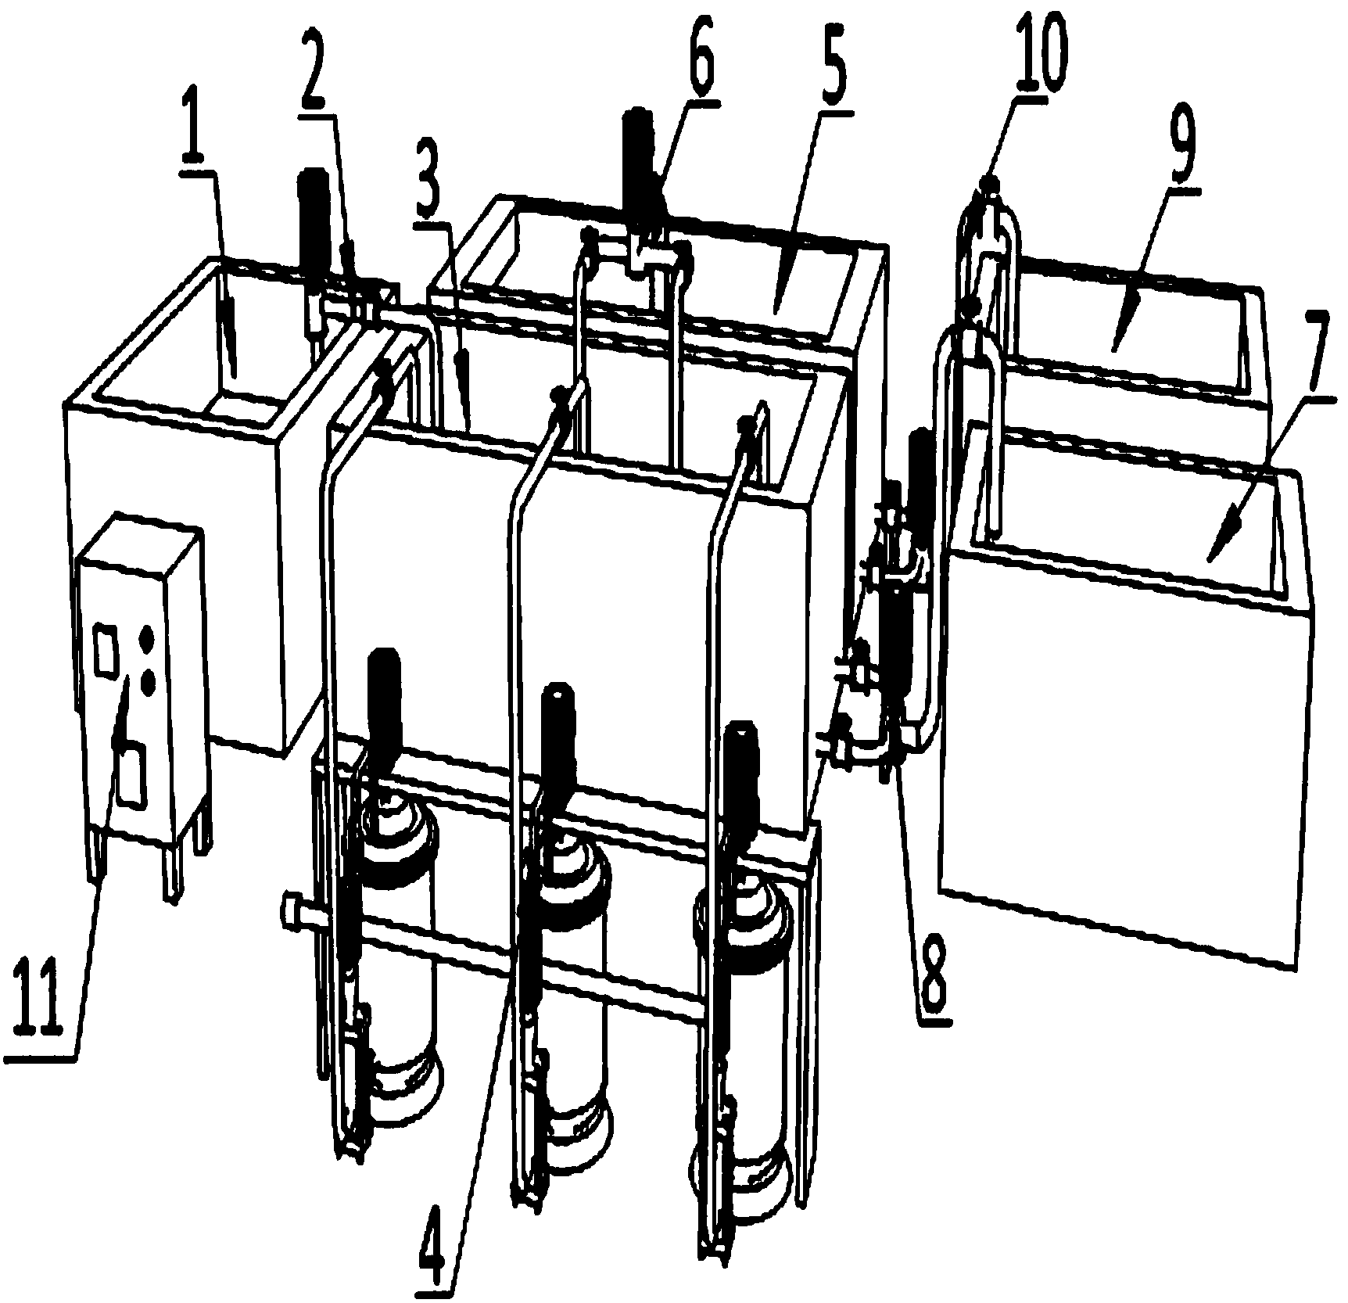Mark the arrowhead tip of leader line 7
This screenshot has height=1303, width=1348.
coord(1208,560)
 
